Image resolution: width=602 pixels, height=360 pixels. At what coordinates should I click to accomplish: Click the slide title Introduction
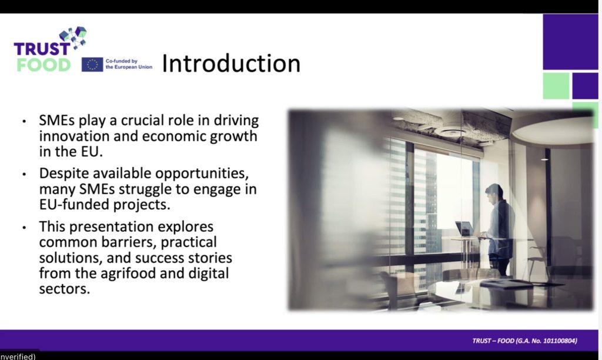(x=231, y=64)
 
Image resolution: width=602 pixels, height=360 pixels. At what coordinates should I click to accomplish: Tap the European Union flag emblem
(x=92, y=65)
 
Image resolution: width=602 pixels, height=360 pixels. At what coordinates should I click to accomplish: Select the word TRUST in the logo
(x=42, y=49)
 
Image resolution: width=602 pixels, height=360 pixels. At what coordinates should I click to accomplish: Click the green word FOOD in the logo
(x=44, y=65)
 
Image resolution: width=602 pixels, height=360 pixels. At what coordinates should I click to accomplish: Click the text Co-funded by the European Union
(x=129, y=64)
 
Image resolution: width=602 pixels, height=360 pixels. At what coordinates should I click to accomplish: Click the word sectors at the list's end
(x=65, y=289)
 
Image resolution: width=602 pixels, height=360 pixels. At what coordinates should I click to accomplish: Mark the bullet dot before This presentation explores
(x=24, y=228)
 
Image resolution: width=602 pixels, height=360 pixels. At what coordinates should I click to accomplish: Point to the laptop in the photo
(x=464, y=229)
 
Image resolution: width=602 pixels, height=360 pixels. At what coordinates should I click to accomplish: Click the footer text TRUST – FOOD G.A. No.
(x=524, y=341)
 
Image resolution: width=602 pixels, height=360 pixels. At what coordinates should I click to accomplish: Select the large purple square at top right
(x=570, y=42)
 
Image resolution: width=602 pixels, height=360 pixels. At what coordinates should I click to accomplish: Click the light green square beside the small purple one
(x=556, y=86)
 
